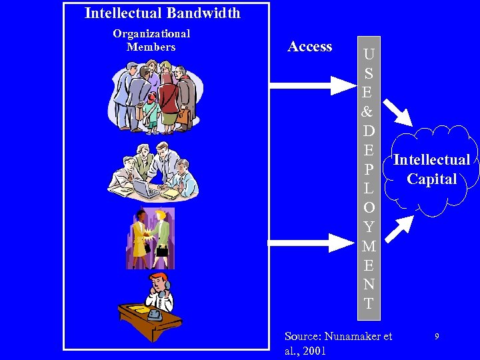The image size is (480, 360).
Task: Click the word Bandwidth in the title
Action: (x=203, y=13)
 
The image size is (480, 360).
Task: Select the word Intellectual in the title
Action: (x=124, y=13)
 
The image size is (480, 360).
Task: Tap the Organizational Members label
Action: (x=151, y=40)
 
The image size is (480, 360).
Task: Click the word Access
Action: (x=309, y=47)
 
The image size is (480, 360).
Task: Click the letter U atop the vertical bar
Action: (x=369, y=53)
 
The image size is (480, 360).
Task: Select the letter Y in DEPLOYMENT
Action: (x=369, y=227)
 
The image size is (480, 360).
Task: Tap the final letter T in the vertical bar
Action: (x=369, y=303)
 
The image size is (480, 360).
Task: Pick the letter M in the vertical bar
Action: (x=369, y=247)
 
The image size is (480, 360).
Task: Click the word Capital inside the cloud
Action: (x=432, y=179)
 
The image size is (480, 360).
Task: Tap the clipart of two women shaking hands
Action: (x=151, y=237)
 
